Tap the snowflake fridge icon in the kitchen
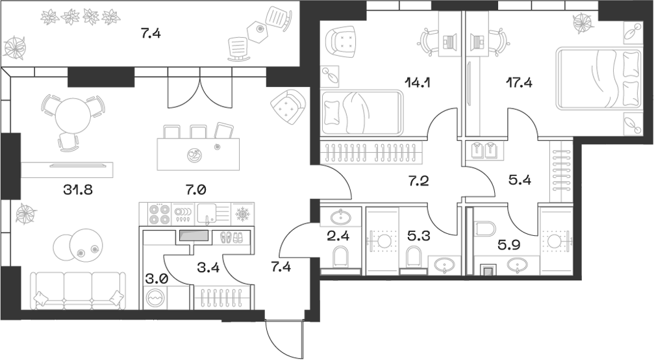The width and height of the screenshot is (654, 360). click(x=241, y=213)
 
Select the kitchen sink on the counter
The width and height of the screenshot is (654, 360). click(x=207, y=212)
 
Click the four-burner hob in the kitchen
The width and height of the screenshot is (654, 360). click(x=159, y=213)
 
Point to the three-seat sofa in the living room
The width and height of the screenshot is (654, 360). click(x=78, y=290)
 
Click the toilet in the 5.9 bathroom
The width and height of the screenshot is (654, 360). click(x=484, y=230)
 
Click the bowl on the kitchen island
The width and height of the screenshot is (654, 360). click(x=194, y=155)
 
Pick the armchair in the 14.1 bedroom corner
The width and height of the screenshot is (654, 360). click(x=343, y=44)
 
